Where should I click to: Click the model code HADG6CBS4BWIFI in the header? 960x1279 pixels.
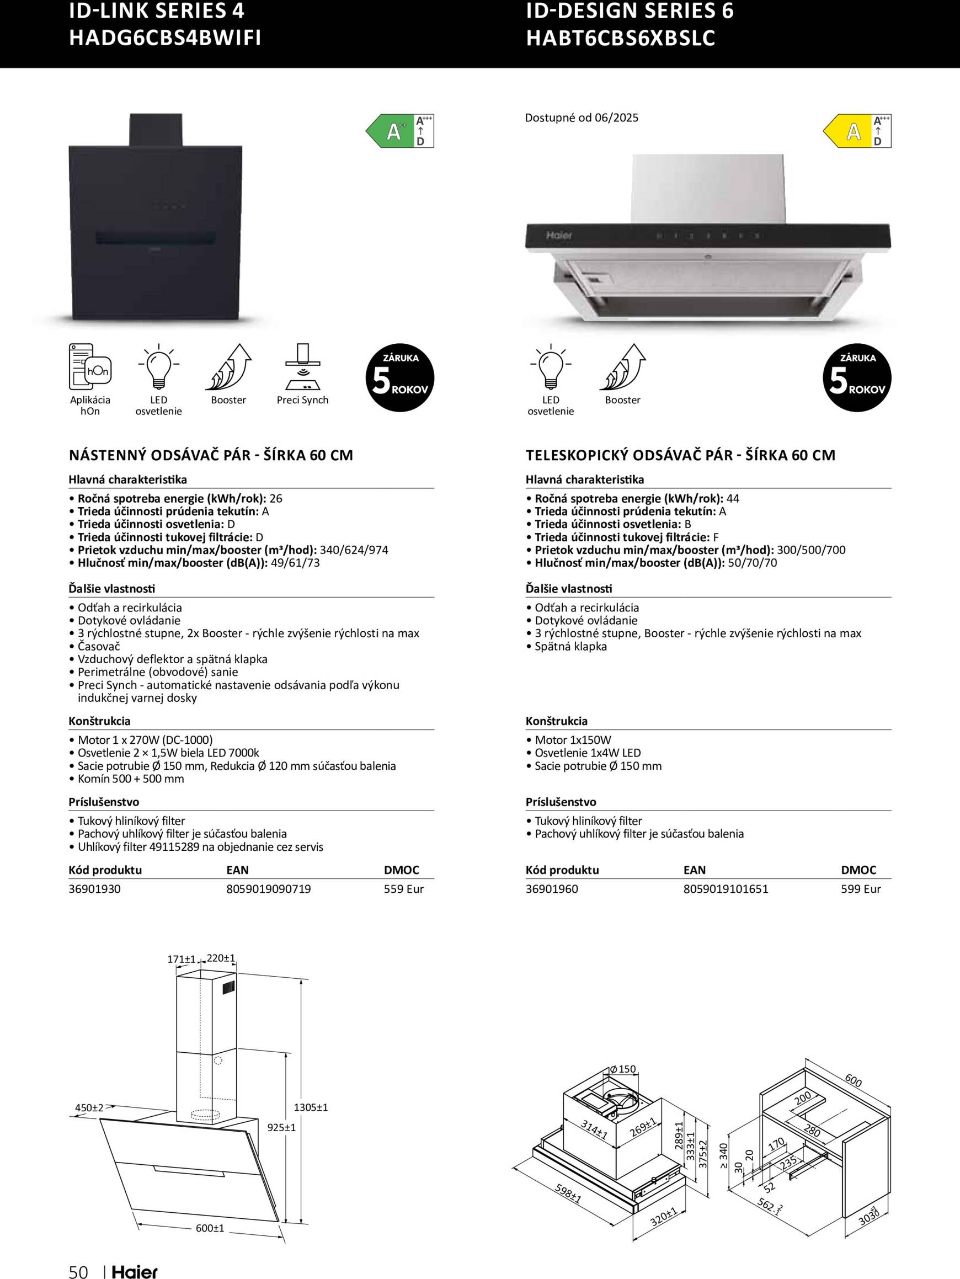coord(165,38)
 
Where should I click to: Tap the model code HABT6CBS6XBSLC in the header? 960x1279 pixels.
coord(621,38)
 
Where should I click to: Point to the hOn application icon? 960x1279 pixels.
coord(89,366)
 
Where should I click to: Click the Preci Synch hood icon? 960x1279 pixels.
coord(302,366)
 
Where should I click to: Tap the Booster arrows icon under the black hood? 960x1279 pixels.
coord(228,366)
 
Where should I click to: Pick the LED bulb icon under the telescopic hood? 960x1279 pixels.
coord(551,366)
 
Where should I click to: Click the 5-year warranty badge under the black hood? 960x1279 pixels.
coord(399,377)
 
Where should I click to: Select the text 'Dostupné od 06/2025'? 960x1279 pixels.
coord(581,118)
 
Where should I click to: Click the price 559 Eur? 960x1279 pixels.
coord(404,889)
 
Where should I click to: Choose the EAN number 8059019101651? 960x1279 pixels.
coord(726,889)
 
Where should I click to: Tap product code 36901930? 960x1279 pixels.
coord(95,889)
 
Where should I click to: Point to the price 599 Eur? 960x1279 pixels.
coord(861,889)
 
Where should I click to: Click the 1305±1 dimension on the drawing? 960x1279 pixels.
coord(311,1107)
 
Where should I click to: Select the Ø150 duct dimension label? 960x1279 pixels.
coord(623,1069)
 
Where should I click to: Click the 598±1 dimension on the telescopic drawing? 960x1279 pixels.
coord(568,1193)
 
